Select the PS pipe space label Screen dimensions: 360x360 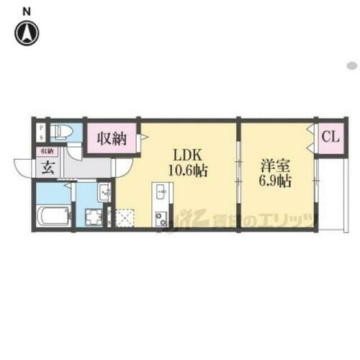point(41,134)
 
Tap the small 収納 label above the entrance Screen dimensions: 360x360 point(47,151)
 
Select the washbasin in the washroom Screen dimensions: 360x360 point(104,192)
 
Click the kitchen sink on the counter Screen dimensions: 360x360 point(159,193)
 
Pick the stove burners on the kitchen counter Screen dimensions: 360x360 point(160,217)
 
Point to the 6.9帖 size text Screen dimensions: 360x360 point(276,181)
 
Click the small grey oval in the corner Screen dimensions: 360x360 point(352,65)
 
